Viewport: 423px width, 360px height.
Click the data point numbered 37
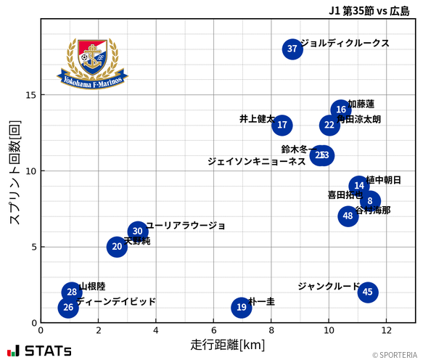coord(292,49)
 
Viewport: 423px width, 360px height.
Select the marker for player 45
coord(368,292)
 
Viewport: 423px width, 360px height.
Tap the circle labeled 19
coord(242,308)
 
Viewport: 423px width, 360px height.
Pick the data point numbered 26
coord(68,308)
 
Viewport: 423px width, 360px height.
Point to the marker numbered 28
coord(71,292)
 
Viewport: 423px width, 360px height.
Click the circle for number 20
coord(117,247)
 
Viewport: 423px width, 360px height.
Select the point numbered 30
coord(138,232)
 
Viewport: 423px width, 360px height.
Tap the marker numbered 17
coord(282,125)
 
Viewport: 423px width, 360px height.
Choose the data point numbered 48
coord(348,216)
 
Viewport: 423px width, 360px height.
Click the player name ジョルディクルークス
coord(345,44)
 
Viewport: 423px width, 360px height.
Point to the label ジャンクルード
coord(329,287)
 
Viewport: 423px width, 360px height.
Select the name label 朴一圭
coord(262,302)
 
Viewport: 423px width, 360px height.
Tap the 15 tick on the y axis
coord(30,95)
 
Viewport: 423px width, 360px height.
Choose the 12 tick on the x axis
coord(386,330)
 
